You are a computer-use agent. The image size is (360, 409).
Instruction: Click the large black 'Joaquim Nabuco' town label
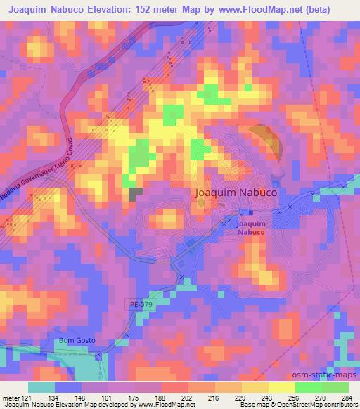pos(235,191)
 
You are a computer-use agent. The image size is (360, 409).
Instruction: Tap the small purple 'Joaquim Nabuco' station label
pos(250,227)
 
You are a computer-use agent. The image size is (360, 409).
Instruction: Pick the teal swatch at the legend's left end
pos(41,387)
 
